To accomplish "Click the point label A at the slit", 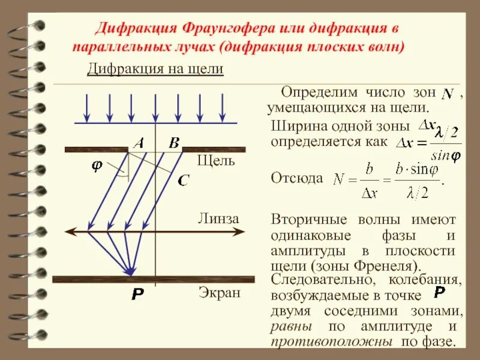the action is click(139, 143).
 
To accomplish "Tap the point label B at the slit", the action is click(174, 143).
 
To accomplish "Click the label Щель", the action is click(217, 161).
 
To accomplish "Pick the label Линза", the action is click(218, 219).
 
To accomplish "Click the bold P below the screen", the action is click(137, 295).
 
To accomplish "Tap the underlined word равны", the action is click(291, 327).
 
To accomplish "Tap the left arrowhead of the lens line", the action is click(69, 231).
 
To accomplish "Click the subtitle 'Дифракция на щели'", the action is click(155, 69).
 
